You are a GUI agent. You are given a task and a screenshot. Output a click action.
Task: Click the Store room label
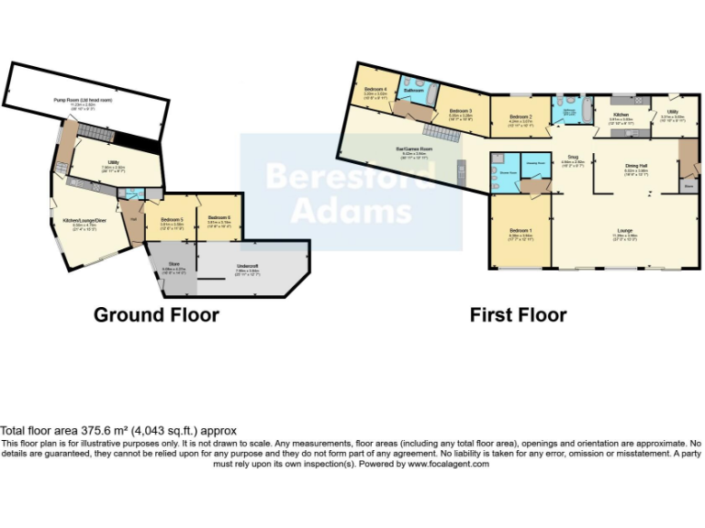coord(174,269)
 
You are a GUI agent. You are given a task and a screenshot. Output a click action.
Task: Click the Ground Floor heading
coord(156,315)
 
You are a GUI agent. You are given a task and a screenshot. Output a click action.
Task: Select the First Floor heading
coord(518,315)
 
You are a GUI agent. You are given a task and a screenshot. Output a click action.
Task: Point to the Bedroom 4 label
coord(375,90)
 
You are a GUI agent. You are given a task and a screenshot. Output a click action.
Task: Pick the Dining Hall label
coord(624,167)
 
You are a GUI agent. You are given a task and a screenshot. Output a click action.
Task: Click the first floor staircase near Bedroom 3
coord(444,135)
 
